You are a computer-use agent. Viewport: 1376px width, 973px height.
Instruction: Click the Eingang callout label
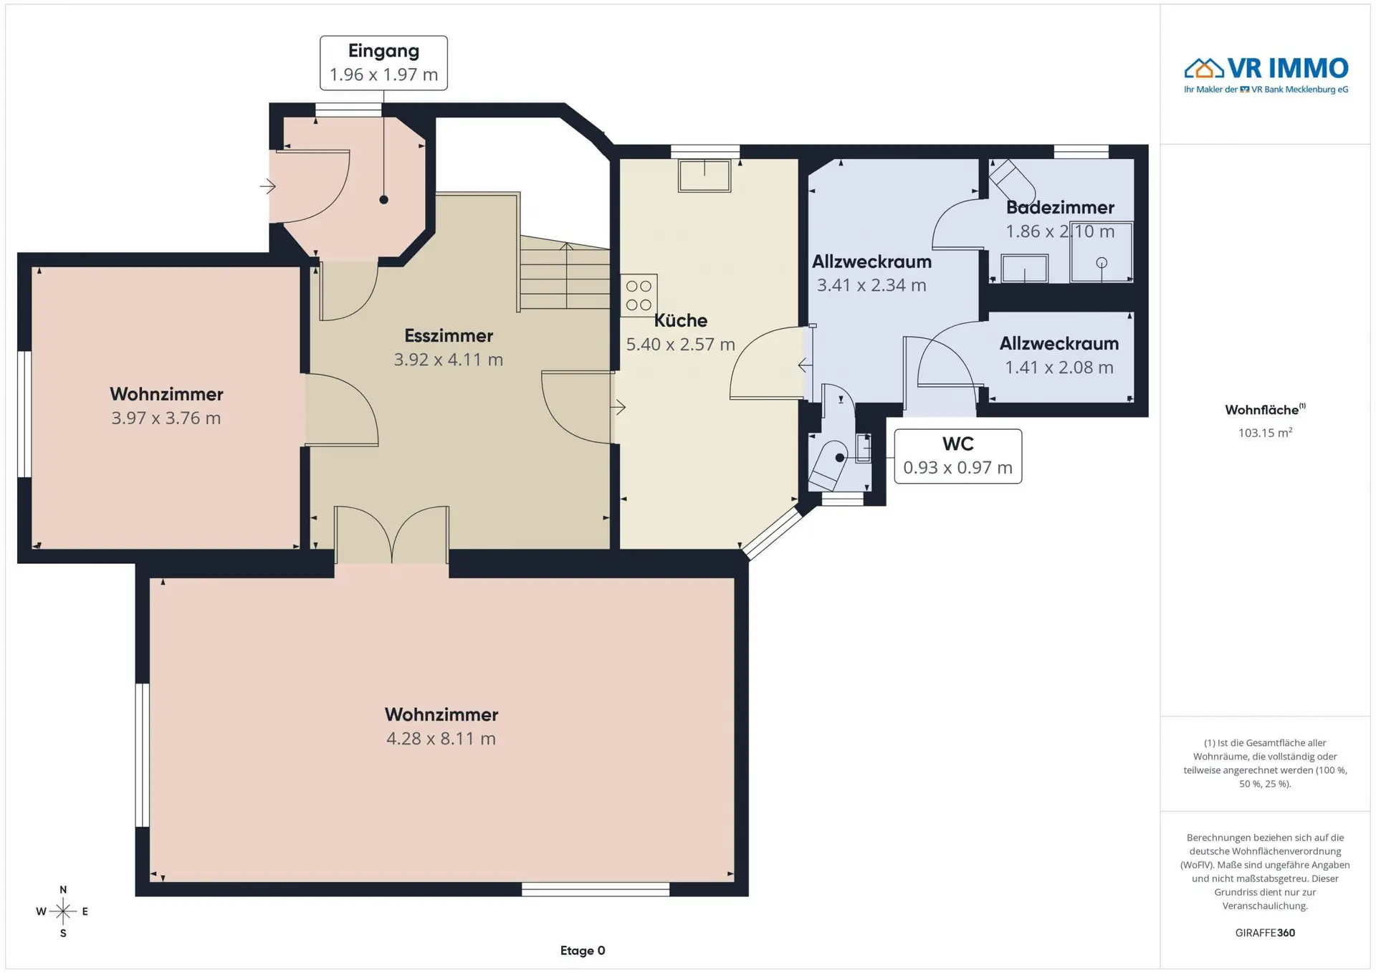383,63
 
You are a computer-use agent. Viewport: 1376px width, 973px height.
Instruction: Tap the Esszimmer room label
449,335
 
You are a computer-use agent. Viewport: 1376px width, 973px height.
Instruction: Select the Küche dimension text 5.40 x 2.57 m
680,345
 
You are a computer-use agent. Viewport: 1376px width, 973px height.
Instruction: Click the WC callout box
957,456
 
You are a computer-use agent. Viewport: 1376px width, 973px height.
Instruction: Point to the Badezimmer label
1060,208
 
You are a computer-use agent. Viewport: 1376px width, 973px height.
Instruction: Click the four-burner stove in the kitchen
639,295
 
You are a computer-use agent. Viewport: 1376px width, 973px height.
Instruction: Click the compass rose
63,911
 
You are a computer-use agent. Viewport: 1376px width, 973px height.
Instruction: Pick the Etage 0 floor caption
583,951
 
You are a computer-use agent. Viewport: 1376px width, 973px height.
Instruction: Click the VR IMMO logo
1266,75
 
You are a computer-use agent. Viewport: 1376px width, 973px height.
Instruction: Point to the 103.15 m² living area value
1265,433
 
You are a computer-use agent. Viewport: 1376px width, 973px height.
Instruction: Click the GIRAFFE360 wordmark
1265,933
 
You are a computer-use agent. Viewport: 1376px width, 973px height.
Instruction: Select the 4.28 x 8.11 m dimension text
441,739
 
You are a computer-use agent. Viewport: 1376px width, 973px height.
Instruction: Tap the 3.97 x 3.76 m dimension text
166,418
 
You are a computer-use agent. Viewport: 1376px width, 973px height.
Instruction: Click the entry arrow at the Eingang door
268,187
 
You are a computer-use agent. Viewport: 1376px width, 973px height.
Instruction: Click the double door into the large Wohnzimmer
391,535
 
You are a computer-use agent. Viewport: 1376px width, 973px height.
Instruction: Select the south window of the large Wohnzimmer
596,889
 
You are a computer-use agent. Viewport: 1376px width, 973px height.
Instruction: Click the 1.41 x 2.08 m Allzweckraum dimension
1059,368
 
